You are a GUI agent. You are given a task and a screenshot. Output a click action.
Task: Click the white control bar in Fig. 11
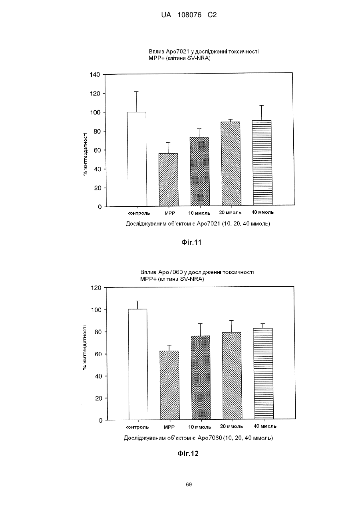[x=137, y=159]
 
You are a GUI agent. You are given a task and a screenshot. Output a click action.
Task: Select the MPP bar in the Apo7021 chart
[x=168, y=180]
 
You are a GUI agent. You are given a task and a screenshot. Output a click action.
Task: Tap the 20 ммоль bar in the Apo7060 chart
[x=232, y=375]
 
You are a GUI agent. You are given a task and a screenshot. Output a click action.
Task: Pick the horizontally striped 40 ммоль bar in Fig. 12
[x=263, y=373]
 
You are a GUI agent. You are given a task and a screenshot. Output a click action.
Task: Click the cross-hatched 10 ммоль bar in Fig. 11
[x=200, y=172]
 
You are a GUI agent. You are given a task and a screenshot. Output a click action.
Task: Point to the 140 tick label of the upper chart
[x=95, y=75]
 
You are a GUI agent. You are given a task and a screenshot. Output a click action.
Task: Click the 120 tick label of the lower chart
[x=96, y=288]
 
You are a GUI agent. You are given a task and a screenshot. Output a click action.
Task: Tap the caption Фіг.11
[x=191, y=242]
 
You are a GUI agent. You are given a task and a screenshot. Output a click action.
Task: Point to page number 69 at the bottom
[x=189, y=485]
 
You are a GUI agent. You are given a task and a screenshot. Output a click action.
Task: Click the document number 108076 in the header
[x=189, y=15]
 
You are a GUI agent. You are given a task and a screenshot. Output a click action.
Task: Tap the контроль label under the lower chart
[x=137, y=427]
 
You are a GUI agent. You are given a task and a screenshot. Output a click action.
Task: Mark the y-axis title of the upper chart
[x=86, y=154]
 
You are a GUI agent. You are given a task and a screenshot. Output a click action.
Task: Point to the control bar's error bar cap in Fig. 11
[x=136, y=92]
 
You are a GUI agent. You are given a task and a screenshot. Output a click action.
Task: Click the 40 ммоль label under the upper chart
[x=263, y=212]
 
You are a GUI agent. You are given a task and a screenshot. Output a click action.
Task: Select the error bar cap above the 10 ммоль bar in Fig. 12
[x=200, y=323]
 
